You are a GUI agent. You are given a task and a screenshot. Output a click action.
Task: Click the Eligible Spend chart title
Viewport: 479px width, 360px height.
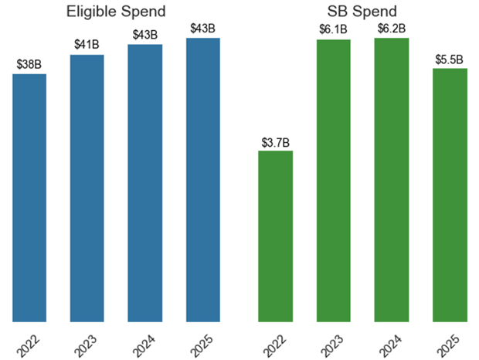click(115, 12)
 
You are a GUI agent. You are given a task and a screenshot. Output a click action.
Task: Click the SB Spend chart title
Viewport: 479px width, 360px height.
click(362, 12)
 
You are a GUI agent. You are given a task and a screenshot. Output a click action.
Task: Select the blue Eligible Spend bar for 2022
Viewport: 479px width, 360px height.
click(29, 197)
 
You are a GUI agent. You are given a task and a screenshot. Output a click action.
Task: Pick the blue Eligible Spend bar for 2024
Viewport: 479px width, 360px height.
click(145, 182)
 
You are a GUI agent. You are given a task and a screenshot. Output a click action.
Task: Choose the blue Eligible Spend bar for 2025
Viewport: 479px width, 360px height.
click(203, 179)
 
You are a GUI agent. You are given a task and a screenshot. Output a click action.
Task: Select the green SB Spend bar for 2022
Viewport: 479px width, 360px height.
click(275, 236)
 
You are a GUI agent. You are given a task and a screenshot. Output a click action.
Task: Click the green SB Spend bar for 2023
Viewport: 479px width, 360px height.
click(333, 180)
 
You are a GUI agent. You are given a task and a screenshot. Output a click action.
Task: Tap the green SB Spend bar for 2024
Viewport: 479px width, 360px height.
click(392, 179)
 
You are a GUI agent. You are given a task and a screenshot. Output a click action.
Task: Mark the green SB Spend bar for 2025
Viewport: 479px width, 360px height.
click(450, 195)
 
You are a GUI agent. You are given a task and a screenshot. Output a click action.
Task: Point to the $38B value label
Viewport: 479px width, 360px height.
click(29, 65)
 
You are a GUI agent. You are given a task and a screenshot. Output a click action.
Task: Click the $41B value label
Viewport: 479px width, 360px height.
click(87, 45)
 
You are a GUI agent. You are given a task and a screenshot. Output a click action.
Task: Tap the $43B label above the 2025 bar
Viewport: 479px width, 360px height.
click(203, 29)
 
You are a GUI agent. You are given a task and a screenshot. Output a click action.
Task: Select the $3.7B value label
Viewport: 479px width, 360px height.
click(275, 141)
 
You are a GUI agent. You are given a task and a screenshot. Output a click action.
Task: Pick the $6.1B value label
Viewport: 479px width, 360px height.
click(333, 29)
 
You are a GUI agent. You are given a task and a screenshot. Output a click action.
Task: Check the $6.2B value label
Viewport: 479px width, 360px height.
click(392, 28)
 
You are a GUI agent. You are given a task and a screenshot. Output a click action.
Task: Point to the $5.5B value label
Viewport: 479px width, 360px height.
click(450, 59)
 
